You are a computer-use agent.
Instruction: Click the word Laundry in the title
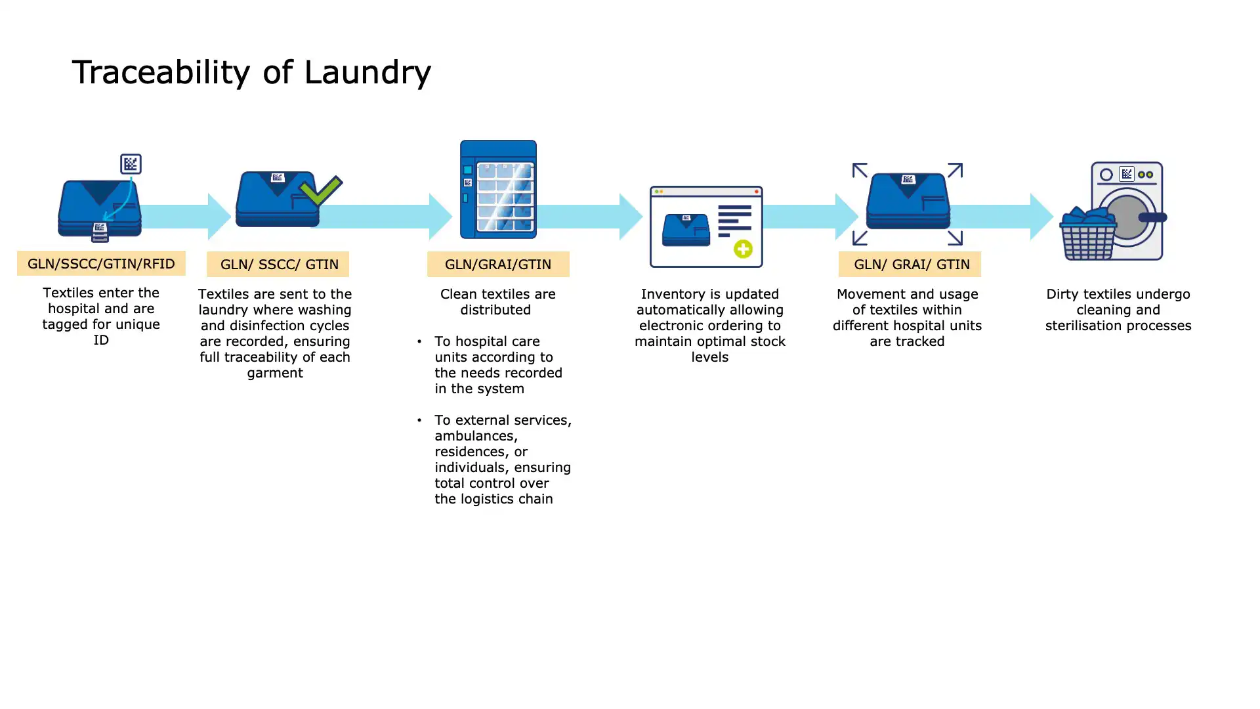pyautogui.click(x=367, y=72)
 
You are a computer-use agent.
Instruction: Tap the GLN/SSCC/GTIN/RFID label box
pyautogui.click(x=101, y=263)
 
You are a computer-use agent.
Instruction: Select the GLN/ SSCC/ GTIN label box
pyautogui.click(x=278, y=264)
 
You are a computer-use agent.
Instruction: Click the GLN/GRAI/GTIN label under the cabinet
pyautogui.click(x=498, y=264)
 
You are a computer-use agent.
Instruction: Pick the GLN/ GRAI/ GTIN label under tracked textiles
pyautogui.click(x=910, y=264)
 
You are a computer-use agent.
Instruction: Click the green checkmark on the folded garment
pyautogui.click(x=321, y=190)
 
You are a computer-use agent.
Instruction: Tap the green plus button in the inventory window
pyautogui.click(x=743, y=249)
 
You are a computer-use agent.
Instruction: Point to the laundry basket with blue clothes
pyautogui.click(x=1088, y=235)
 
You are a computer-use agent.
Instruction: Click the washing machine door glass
pyautogui.click(x=1127, y=217)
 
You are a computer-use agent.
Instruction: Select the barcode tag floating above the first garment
pyautogui.click(x=131, y=163)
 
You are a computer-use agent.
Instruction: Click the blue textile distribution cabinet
pyautogui.click(x=498, y=189)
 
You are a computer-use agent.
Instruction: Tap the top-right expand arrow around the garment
pyautogui.click(x=955, y=170)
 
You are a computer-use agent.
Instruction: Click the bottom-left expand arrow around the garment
pyautogui.click(x=860, y=237)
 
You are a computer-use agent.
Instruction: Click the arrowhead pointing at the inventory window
pyautogui.click(x=630, y=216)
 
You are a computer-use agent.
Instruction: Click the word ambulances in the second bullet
pyautogui.click(x=476, y=436)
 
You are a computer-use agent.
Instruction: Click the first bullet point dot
pyautogui.click(x=419, y=341)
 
